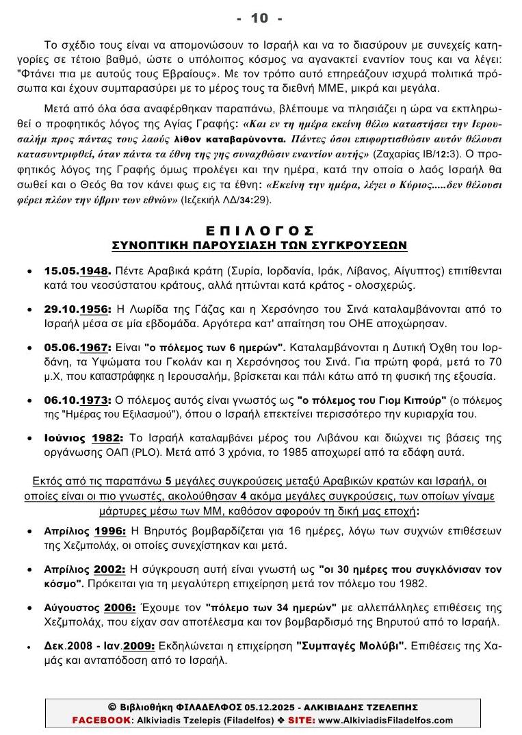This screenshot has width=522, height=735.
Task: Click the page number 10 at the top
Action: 259,18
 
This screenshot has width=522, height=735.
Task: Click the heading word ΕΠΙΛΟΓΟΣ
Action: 259,231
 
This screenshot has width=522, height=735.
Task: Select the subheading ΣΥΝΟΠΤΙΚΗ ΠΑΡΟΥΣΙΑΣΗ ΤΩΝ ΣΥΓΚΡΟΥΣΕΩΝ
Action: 259,244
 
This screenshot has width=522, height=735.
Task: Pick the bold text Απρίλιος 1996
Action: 85,530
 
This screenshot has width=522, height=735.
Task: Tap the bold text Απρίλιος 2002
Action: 85,569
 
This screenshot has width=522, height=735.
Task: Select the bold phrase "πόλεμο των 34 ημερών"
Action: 271,608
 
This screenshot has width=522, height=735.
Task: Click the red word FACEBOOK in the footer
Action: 101,720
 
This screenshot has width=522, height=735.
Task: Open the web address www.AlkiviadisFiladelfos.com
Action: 386,720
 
